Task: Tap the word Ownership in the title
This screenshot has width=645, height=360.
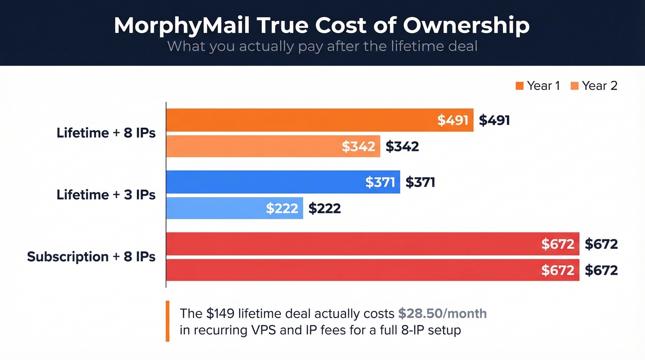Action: click(466, 26)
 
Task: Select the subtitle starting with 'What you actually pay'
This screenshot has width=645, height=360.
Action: click(322, 46)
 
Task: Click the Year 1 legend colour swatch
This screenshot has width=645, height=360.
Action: click(520, 86)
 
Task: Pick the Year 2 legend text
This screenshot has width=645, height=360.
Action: click(599, 86)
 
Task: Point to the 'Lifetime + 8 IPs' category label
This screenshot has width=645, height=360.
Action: click(106, 133)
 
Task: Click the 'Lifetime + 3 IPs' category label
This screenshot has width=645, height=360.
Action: click(106, 195)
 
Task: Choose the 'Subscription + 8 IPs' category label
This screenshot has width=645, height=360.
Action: click(91, 256)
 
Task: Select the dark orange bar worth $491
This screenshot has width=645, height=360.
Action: click(299, 120)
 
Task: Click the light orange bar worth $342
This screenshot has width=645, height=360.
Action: click(253, 146)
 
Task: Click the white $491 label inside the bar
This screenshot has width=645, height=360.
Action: click(453, 120)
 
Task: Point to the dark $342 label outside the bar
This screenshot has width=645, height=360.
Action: click(402, 146)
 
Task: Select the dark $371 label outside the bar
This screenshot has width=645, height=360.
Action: click(420, 182)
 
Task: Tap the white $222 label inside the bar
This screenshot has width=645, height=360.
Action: click(282, 208)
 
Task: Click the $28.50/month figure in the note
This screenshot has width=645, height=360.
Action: click(442, 313)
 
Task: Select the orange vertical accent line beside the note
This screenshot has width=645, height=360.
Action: click(167, 321)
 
